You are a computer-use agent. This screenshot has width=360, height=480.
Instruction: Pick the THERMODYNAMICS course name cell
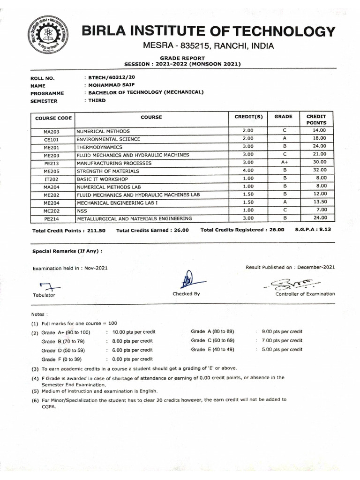tap(98, 147)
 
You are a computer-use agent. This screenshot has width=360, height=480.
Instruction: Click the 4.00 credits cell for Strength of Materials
tap(248, 170)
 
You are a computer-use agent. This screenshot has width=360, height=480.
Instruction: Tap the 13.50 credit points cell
tap(319, 202)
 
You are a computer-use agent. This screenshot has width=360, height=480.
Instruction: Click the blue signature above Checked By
tap(190, 280)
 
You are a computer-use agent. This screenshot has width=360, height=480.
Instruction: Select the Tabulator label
tap(44, 295)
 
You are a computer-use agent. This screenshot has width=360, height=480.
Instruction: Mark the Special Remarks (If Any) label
tap(67, 251)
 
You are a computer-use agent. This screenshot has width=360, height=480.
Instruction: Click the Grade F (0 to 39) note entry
tap(61, 359)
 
